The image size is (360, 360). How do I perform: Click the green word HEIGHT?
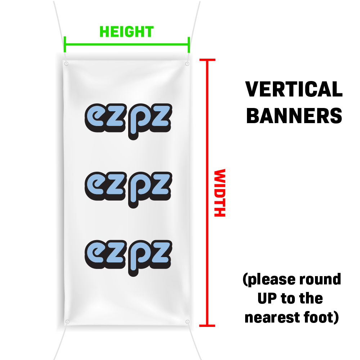click(x=126, y=32)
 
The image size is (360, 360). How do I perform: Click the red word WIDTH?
click(x=219, y=193)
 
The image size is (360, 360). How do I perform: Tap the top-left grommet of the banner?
click(x=66, y=64)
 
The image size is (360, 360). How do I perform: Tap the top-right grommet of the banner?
click(x=187, y=64)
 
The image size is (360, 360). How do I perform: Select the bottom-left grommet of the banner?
click(x=67, y=321)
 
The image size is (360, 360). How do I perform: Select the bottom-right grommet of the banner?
click(x=187, y=321)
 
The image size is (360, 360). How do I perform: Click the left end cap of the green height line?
click(x=65, y=44)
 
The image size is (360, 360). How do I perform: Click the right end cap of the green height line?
click(x=189, y=44)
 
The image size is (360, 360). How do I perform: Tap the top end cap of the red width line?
click(x=207, y=60)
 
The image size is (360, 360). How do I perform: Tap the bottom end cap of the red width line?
click(x=207, y=325)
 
